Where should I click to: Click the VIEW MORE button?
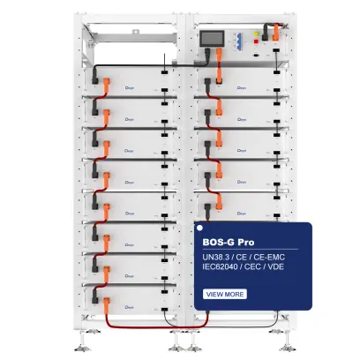[x=225, y=294]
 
